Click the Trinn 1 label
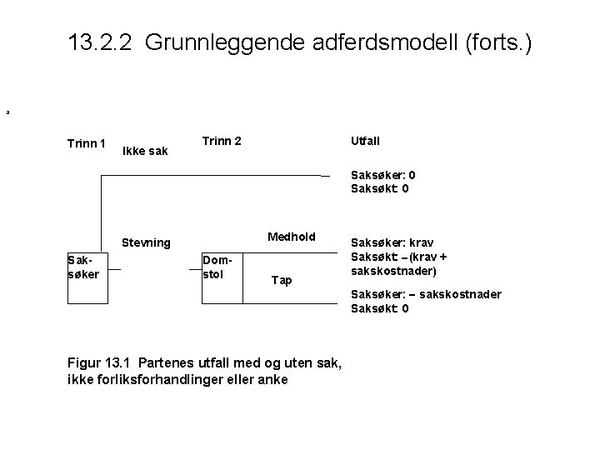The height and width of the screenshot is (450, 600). point(87,143)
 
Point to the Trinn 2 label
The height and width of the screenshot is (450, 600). point(222,141)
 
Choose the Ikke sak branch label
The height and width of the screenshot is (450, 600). point(144,151)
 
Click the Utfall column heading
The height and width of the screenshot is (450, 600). point(362,141)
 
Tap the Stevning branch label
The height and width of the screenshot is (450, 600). point(146,243)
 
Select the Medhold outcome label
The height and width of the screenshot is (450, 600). point(291,237)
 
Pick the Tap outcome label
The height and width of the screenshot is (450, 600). point(282,280)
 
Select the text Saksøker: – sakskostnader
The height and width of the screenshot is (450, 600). point(426,295)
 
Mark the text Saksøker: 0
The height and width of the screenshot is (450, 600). point(383,175)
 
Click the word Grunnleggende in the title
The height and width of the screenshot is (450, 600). point(216,42)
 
